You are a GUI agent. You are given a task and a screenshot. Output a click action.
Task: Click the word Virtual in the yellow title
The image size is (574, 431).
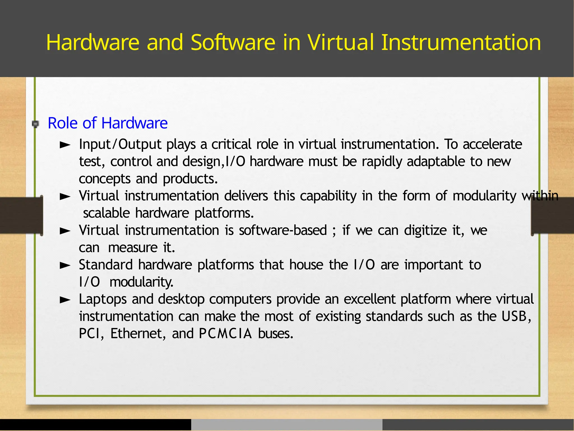point(341,43)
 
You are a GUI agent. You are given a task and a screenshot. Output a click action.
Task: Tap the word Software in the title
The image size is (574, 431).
point(233,43)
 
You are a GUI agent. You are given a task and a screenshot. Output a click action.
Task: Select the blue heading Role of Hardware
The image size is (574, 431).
point(108,123)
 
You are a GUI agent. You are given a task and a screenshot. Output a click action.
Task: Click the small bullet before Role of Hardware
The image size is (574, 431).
point(36,124)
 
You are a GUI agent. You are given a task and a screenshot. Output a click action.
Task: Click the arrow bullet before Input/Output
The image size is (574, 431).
point(65,145)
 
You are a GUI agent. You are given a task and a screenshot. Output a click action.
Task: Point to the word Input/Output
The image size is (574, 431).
point(120,144)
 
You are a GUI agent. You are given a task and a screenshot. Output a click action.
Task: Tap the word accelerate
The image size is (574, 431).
point(492,144)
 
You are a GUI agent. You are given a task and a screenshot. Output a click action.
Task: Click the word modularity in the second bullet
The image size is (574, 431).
point(484,196)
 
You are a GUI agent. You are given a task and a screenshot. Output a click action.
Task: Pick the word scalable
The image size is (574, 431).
point(107,213)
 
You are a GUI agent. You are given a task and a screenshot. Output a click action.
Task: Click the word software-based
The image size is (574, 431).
point(283,231)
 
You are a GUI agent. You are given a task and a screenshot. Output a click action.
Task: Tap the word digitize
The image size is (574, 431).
point(425,231)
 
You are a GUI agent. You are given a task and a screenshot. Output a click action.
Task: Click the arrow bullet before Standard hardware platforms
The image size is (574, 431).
point(65,266)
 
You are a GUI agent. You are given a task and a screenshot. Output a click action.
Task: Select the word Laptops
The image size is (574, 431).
point(103,299)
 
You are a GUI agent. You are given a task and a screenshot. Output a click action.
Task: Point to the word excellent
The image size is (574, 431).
point(369,299)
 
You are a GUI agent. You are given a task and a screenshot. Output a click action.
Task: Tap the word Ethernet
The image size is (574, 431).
point(136,334)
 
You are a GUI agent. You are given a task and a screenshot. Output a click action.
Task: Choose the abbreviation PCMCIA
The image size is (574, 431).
point(225,334)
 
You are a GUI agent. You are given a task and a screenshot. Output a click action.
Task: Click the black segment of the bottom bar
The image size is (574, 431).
point(95,425)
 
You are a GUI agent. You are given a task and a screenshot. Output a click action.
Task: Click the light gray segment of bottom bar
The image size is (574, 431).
point(286,425)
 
